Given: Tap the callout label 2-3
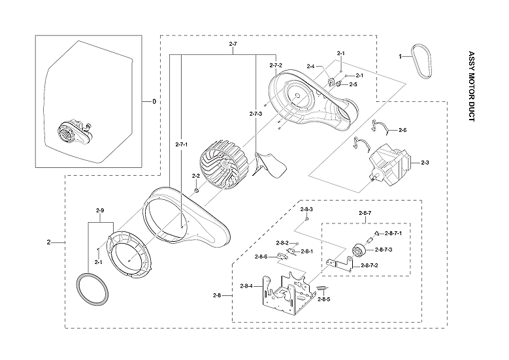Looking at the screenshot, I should tap(425, 163).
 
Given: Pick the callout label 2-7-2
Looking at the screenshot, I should tap(276, 65).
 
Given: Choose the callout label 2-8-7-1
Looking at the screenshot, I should tap(393, 233).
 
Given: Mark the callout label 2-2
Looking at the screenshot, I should tap(195, 176).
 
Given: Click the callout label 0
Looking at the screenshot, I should tap(154, 102).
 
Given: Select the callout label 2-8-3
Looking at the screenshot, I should tap(307, 209).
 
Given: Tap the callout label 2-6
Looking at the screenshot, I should tap(402, 131).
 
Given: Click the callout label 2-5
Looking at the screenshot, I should tap(353, 84).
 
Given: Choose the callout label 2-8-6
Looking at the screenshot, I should tap(261, 257).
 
